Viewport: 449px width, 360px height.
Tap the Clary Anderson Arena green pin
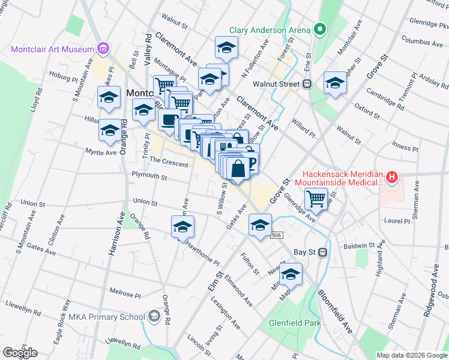point(320,29)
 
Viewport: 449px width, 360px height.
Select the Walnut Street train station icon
point(307,84)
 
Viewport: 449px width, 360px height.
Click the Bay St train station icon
point(322,252)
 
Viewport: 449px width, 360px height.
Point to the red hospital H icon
point(391,177)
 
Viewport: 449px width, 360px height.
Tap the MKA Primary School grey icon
point(154,316)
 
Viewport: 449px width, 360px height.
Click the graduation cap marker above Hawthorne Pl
point(183,228)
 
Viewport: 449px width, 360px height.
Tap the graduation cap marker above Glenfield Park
point(291,274)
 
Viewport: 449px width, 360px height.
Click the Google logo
point(20,353)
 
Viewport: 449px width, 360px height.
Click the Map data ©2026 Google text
point(411,355)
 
